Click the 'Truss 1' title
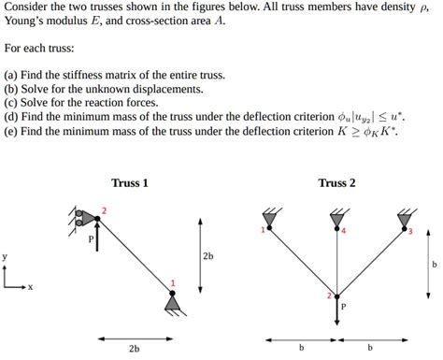point(130,183)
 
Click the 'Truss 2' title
point(336,183)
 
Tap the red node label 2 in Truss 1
point(104,210)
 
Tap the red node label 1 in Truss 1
point(172,282)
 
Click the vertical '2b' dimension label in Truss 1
point(207,255)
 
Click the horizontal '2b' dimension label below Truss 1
point(134,349)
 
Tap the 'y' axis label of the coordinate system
point(5,255)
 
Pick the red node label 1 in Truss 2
point(263,230)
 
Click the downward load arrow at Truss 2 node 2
point(336,310)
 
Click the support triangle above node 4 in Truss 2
point(336,220)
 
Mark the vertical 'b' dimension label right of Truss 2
point(434,265)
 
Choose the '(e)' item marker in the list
point(10,134)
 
